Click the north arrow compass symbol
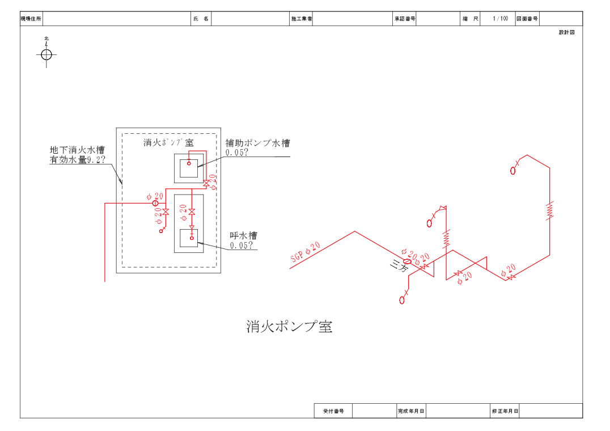point(46,54)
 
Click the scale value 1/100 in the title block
point(500,19)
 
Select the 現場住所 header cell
point(31,19)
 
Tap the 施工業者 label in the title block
point(302,19)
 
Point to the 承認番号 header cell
point(405,19)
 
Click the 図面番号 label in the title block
point(527,19)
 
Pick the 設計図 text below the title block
point(567,32)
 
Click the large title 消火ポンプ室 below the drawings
point(289,326)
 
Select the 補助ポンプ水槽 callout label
point(257,143)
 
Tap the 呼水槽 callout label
point(243,235)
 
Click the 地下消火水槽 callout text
point(77,150)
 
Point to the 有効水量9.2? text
point(77,160)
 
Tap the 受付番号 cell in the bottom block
point(333,411)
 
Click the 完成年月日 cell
point(411,411)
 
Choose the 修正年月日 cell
point(505,411)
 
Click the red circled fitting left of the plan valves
point(155,202)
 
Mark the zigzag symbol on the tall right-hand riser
point(549,210)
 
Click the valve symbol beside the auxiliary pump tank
point(206,183)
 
